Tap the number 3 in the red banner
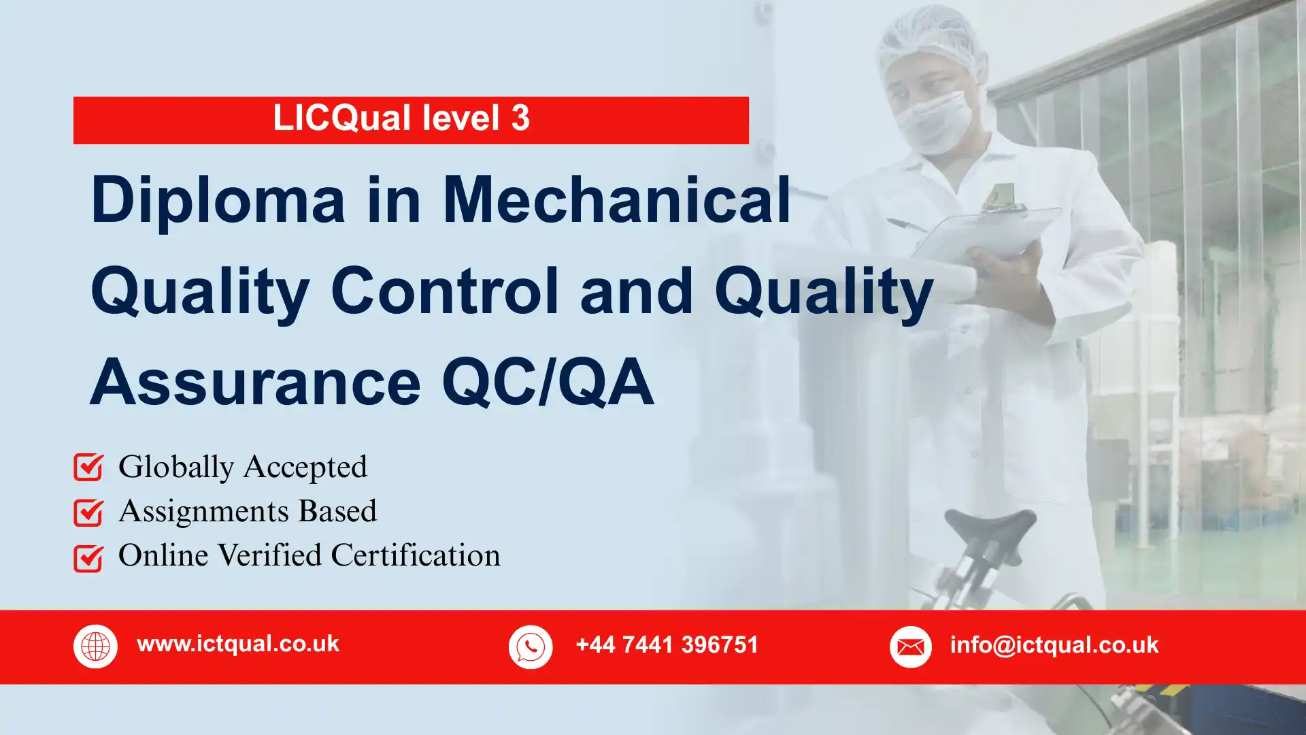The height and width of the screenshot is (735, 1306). (x=520, y=118)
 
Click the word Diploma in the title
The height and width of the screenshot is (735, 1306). (x=218, y=200)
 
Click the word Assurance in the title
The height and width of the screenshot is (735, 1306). (x=255, y=382)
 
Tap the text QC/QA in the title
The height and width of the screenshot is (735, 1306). (x=548, y=382)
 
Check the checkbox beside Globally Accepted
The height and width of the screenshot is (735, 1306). (x=88, y=468)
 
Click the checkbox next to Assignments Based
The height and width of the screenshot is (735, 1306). (x=88, y=512)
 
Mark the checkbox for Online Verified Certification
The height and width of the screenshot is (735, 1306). (x=88, y=558)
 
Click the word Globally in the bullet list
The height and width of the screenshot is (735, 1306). (x=176, y=468)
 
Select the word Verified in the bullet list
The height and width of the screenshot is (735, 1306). (x=269, y=555)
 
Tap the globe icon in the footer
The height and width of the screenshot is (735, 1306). (x=95, y=647)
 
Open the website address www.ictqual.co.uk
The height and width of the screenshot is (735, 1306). (x=238, y=644)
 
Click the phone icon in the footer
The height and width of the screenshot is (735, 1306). (x=531, y=647)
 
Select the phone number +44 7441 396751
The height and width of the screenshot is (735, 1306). (x=667, y=644)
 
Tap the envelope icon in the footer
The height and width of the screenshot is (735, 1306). (x=910, y=647)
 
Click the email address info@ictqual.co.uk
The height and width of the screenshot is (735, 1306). (x=1054, y=644)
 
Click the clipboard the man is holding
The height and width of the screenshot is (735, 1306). (x=986, y=231)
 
